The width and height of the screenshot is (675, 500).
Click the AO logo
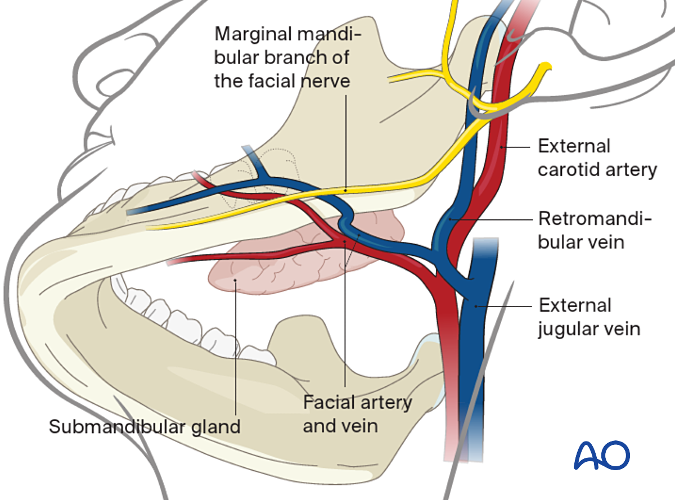601,456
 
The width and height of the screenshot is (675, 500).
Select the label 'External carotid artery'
597,158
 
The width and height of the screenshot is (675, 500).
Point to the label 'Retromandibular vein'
595,229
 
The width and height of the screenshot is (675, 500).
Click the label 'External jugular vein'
589,317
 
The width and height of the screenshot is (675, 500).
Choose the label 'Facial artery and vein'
357,413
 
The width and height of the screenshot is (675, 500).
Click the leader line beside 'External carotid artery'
518,147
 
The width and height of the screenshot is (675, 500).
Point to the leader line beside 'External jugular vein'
506,306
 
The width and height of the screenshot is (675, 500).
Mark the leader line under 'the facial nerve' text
345,141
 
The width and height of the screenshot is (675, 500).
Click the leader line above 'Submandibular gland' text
236,349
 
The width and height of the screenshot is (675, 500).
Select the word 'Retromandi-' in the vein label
595,218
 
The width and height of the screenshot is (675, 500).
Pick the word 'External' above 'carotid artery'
574,147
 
